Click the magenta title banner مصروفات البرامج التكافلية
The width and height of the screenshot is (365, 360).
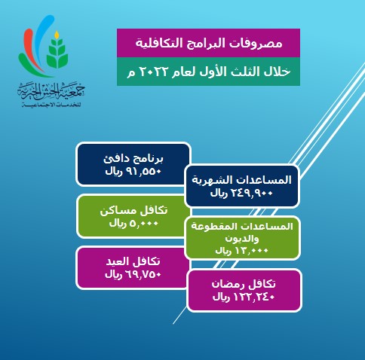(208, 43)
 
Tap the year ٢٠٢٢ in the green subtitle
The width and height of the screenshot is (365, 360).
(151, 72)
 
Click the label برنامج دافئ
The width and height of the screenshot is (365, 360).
(133, 159)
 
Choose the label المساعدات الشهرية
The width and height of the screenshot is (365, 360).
(242, 180)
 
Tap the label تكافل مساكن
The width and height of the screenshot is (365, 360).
(133, 210)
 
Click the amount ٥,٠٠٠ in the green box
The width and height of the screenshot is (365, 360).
(144, 223)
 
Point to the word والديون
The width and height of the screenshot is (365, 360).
(242, 239)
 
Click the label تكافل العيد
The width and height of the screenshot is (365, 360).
(133, 261)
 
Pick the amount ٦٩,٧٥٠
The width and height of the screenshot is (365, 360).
(143, 274)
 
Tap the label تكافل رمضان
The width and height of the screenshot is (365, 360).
(244, 284)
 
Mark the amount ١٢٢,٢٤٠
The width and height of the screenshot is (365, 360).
(254, 297)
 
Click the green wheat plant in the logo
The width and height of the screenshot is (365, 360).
(57, 53)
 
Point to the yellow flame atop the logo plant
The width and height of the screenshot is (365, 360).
(57, 35)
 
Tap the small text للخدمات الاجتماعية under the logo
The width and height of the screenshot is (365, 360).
(51, 105)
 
